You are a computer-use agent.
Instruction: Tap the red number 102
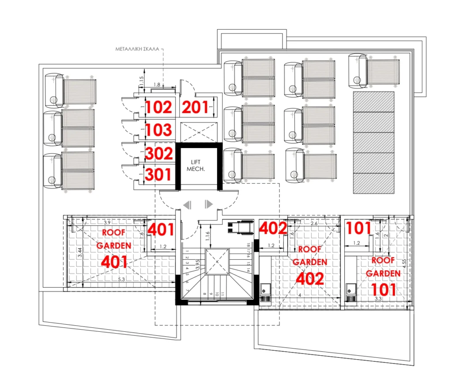158,108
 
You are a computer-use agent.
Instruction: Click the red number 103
158,130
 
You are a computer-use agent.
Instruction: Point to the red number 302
158,154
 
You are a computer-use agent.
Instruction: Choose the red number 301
158,175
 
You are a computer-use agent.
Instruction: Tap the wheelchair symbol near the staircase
234,228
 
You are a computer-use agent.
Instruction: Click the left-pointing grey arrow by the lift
187,204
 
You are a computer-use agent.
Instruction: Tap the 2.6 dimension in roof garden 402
313,224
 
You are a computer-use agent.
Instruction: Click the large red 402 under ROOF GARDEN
309,279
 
